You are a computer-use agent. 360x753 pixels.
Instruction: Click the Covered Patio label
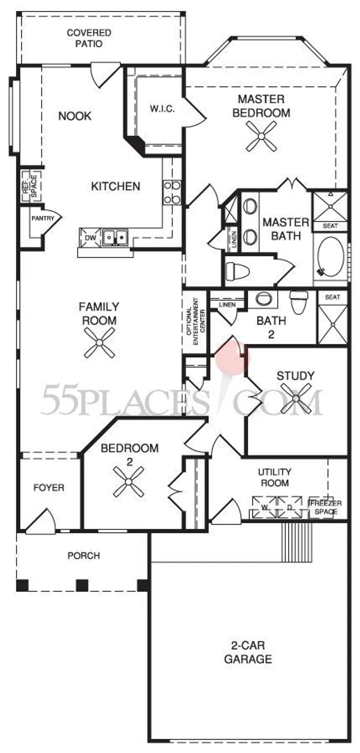point(89,38)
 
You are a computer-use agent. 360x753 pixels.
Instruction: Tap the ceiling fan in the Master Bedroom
point(262,136)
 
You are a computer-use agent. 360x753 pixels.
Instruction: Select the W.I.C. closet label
point(162,109)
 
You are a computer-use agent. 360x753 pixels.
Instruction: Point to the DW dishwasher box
point(91,238)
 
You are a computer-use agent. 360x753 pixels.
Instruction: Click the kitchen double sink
point(115,238)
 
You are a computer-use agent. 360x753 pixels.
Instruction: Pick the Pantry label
point(43,218)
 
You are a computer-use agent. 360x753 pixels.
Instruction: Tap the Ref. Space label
point(31,186)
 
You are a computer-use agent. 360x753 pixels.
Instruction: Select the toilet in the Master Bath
point(237,271)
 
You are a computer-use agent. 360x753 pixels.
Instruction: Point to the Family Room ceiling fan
point(99,343)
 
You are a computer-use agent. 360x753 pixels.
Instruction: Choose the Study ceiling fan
point(296,398)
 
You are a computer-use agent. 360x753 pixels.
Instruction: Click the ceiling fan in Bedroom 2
point(129,482)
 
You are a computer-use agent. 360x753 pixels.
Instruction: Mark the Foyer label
point(49,488)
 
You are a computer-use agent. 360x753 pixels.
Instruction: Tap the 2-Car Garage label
point(248,652)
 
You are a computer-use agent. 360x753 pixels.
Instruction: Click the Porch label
point(84,556)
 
